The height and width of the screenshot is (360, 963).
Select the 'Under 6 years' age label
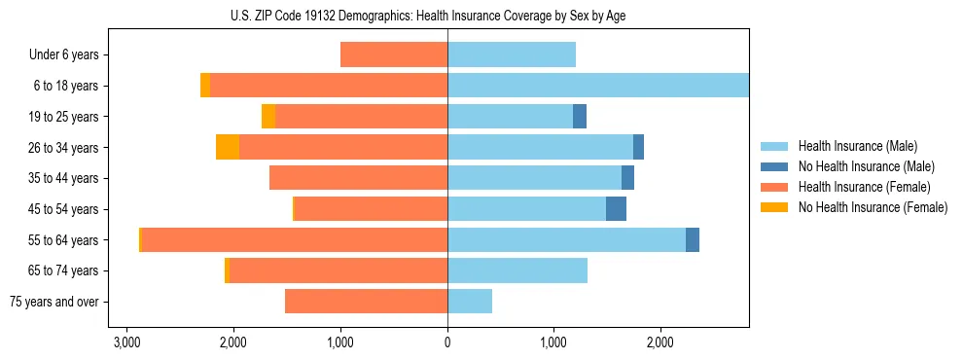(x=63, y=54)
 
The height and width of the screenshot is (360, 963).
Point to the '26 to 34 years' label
(x=63, y=147)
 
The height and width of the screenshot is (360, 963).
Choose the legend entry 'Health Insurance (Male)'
(x=857, y=146)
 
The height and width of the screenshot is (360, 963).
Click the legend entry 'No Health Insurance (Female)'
(x=873, y=207)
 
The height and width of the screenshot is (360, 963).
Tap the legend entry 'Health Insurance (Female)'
(x=864, y=187)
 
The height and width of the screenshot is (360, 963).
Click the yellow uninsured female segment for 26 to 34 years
(x=228, y=147)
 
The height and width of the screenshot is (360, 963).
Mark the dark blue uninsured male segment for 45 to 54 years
(x=616, y=209)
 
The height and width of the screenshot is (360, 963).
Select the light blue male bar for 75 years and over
(x=470, y=302)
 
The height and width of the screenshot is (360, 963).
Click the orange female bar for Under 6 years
(x=394, y=54)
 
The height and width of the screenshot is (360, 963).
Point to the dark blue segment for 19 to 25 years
(x=580, y=117)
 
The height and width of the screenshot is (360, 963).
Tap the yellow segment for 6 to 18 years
(x=205, y=86)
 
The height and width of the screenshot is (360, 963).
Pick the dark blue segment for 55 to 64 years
(x=693, y=240)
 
